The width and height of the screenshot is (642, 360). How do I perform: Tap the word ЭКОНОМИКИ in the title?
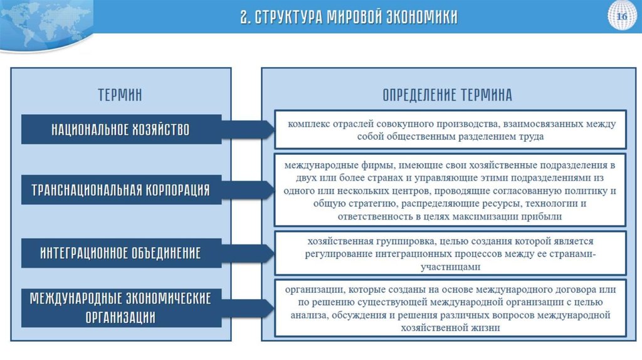[x=421, y=16]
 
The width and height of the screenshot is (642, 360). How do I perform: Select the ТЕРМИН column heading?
[x=120, y=95]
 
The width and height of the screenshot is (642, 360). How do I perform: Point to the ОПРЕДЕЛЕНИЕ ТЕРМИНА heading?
[x=447, y=95]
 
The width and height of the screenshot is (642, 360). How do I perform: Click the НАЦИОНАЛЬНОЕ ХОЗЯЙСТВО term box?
[x=121, y=130]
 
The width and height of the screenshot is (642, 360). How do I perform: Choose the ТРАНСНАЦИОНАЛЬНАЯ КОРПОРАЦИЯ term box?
[x=121, y=189]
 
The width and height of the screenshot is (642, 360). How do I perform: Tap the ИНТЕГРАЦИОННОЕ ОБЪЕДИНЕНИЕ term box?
[x=121, y=253]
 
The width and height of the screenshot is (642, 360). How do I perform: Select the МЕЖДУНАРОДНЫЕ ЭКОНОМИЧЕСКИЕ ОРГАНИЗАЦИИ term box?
[x=121, y=307]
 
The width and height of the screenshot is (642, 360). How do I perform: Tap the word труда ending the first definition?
[x=530, y=135]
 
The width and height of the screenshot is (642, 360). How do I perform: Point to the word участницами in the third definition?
[x=450, y=267]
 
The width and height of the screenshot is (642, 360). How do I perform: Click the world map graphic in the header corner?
[x=44, y=19]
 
